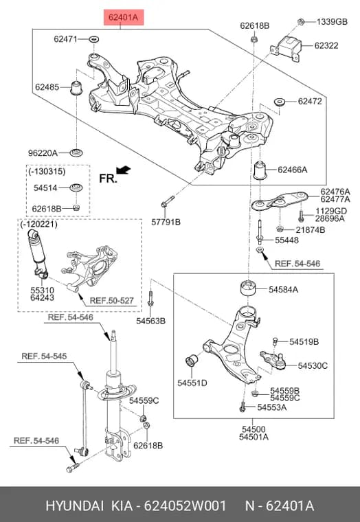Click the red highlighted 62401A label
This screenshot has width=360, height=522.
coord(124,17)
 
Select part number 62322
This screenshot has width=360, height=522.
coord(326,45)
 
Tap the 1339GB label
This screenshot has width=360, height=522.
coord(332,22)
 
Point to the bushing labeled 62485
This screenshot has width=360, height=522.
coord(77,87)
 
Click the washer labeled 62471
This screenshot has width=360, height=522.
coord(94,39)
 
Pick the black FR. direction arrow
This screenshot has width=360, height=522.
coord(124,170)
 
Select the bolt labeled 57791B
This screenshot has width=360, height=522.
coord(168,201)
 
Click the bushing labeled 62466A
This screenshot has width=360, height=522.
coord(261,170)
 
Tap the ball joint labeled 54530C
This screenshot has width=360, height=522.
coord(273,360)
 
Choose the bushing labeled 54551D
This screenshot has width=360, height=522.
coord(191,361)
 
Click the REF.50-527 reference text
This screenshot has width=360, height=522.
coord(111,301)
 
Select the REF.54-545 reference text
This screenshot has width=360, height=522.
coord(44,356)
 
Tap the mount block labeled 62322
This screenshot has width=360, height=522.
coord(286,47)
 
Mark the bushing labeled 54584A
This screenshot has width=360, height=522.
coord(247,288)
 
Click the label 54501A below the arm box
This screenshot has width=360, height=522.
coord(254,437)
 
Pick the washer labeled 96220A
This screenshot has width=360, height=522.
coord(76,153)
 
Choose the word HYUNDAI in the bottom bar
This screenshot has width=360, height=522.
coord(75,506)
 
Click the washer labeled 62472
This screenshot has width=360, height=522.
coord(279,101)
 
